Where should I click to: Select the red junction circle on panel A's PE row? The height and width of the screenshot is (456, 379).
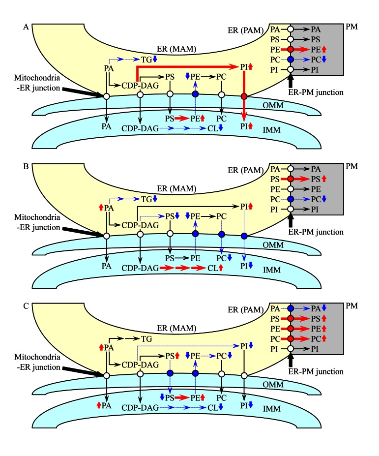[291, 49]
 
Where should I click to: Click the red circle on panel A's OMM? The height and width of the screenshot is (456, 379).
[244, 96]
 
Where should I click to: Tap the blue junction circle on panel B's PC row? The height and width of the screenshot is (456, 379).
[291, 199]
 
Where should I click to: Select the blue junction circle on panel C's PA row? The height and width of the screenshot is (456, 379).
[291, 307]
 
